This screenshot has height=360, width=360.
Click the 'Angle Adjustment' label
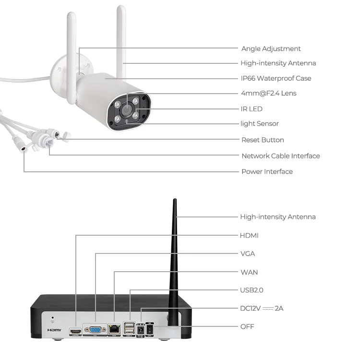tap(271, 48)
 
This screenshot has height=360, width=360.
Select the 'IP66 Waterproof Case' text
tap(276, 78)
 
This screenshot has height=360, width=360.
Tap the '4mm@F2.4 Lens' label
tap(268, 93)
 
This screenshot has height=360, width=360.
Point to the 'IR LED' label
tap(252, 109)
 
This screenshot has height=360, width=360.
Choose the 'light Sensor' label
tap(259, 124)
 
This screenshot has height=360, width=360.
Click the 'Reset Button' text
tap(263, 140)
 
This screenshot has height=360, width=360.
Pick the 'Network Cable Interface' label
tap(280, 156)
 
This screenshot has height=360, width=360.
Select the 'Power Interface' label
tap(267, 172)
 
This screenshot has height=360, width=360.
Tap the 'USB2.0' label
tap(252, 290)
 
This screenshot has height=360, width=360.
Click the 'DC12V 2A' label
tap(262, 308)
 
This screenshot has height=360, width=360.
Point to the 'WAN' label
tap(249, 272)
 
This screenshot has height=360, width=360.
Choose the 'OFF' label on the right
tap(247, 327)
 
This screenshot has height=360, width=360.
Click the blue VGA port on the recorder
tap(95, 330)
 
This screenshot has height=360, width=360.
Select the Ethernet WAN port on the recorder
tap(115, 330)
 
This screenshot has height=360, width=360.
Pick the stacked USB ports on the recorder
tap(130, 329)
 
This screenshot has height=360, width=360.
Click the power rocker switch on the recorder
tap(149, 329)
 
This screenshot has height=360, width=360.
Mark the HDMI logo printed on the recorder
tap(54, 331)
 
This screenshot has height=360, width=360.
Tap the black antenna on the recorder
tap(174, 259)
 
